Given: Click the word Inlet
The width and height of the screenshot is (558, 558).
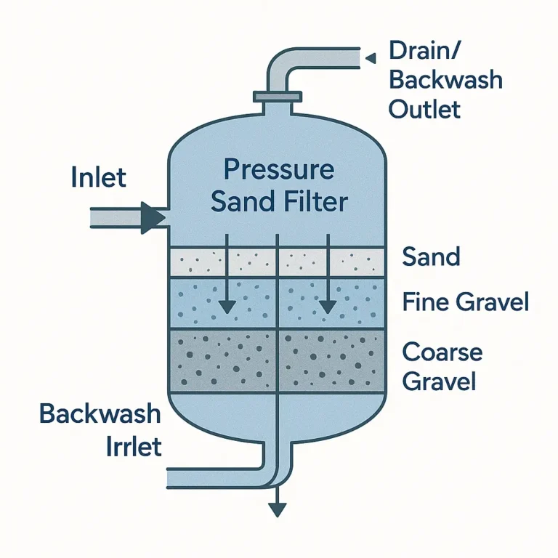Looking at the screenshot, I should (99, 177).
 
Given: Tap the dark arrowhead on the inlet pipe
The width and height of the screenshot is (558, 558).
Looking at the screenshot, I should (153, 217).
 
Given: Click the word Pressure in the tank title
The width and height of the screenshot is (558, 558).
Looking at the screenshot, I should (278, 170).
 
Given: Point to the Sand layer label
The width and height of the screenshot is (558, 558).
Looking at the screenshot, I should (431, 257).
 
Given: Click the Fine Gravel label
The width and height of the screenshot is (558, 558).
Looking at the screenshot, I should (466, 302).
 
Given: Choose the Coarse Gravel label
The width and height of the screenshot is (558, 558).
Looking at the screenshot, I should (442, 366).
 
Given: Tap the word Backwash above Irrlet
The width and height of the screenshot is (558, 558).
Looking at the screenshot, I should (100, 414).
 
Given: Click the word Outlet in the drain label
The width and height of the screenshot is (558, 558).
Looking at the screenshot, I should (424, 109).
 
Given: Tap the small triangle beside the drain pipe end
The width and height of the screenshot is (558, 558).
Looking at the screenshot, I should (370, 57).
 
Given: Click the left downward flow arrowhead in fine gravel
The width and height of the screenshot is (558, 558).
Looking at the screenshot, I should (228, 307).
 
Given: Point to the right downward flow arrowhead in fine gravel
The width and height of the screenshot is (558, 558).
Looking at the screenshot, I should (328, 307).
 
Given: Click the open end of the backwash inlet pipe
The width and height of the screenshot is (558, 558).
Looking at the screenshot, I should (170, 477).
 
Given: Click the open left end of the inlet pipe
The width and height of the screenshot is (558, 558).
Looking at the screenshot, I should (92, 217).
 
